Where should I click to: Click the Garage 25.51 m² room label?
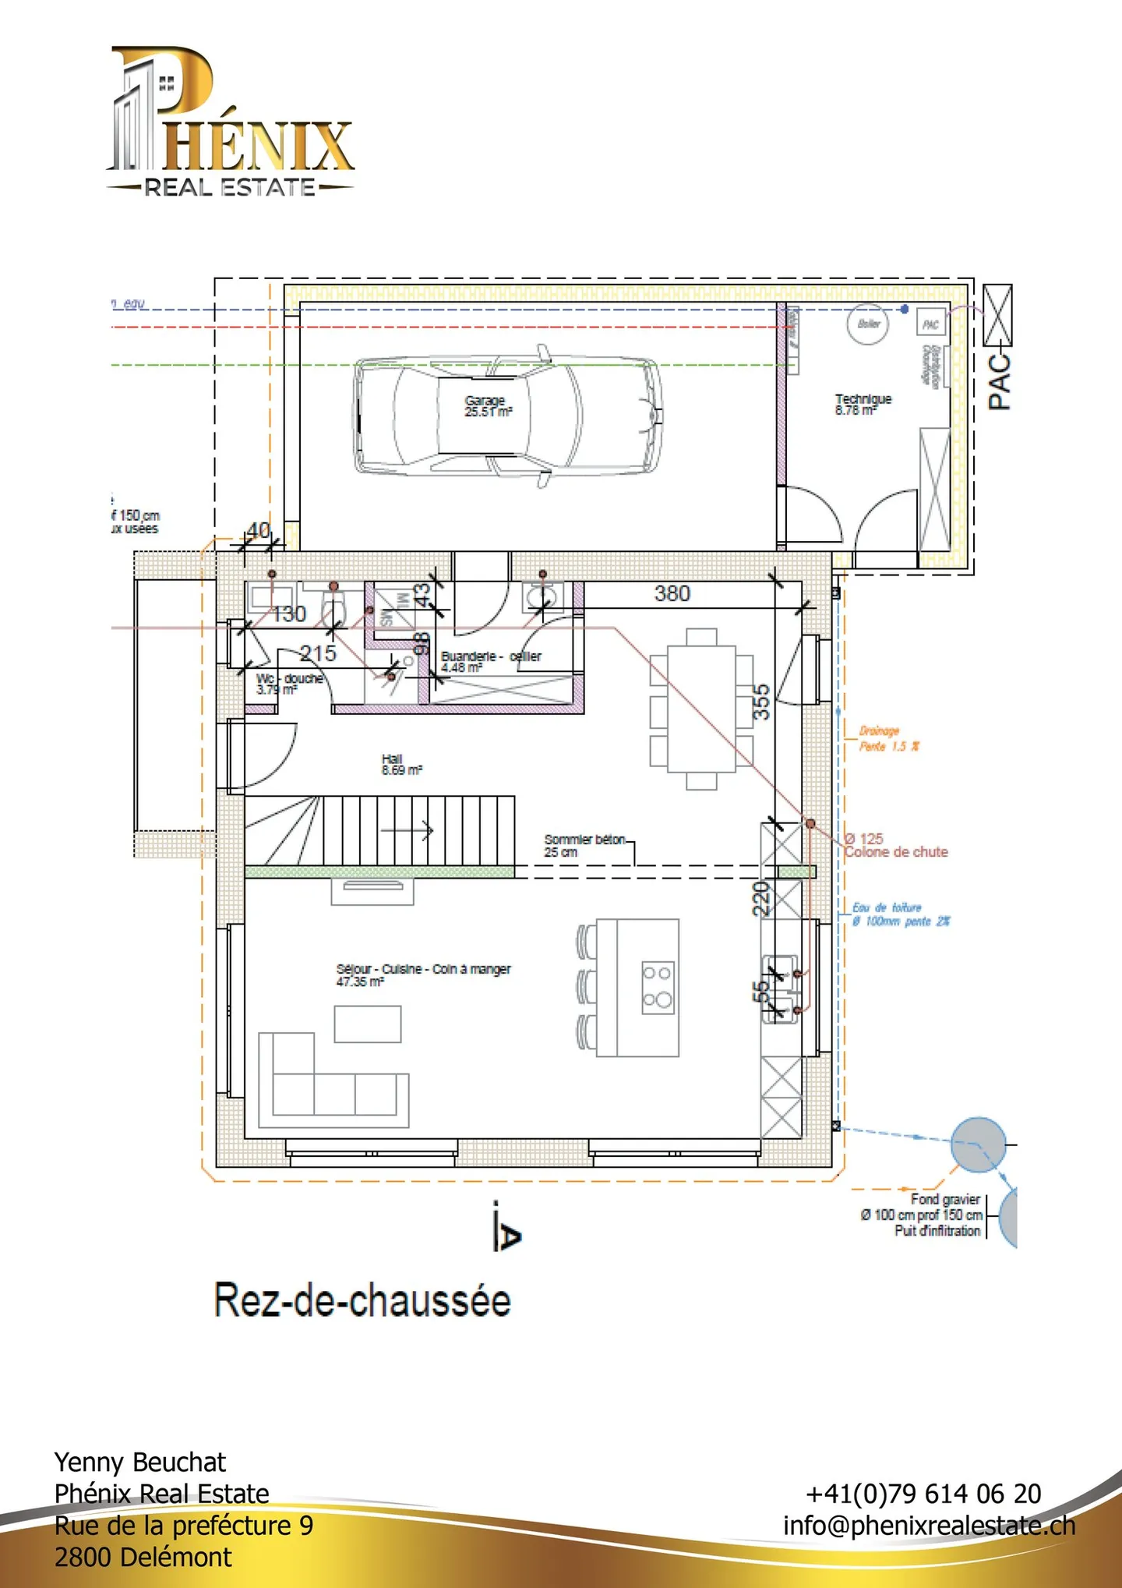(488, 406)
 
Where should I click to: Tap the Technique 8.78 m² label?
(863, 404)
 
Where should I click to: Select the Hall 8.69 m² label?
(401, 764)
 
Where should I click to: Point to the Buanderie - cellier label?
(490, 661)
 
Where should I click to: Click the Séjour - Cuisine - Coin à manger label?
(423, 974)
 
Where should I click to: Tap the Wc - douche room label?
(289, 684)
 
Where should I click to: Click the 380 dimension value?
(672, 593)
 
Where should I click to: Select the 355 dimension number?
(761, 702)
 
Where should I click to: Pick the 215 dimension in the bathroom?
(318, 653)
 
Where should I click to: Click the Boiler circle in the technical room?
(868, 324)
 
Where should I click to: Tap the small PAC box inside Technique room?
(930, 324)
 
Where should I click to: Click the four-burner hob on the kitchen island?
(658, 986)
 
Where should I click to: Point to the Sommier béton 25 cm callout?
(584, 845)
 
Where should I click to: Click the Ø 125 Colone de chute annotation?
(896, 845)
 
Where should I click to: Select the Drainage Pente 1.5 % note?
(888, 738)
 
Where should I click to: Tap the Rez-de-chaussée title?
(362, 1300)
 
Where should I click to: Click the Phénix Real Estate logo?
(230, 121)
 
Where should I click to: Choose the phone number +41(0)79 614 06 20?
(923, 1493)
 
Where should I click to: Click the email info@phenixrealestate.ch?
(929, 1526)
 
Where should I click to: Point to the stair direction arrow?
(408, 830)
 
